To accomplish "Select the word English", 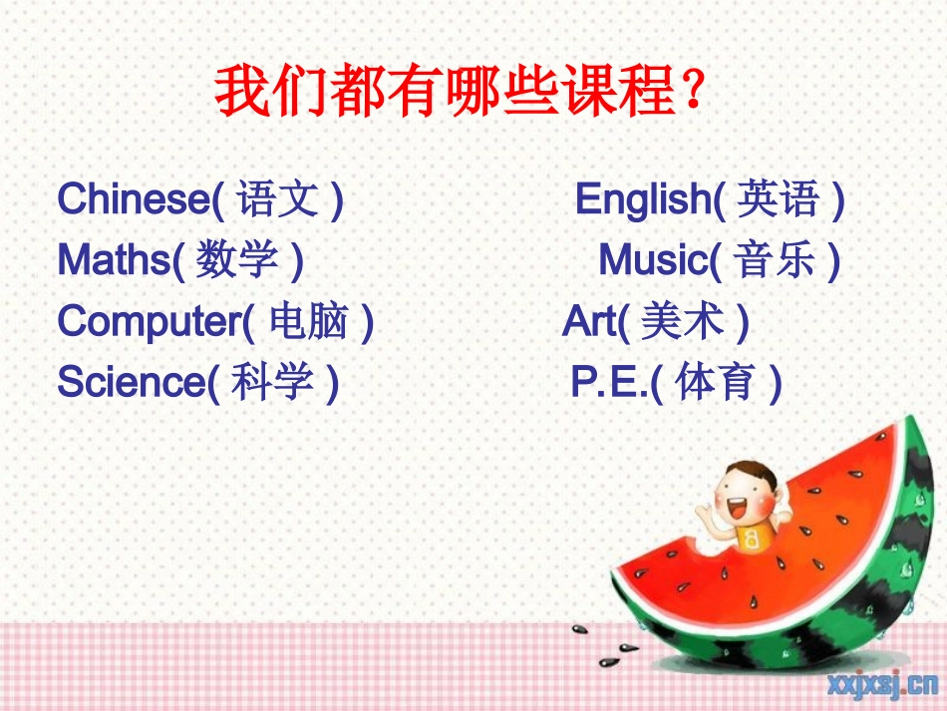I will [x=641, y=200].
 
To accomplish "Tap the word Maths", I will [x=114, y=260].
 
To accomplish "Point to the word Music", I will [x=652, y=260].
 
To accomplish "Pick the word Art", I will [x=589, y=321].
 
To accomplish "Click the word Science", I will [x=130, y=382].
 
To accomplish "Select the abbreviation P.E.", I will [x=608, y=382].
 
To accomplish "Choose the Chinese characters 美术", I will [x=682, y=322].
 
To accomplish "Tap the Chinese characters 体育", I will [x=716, y=383].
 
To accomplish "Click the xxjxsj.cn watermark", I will [x=880, y=683].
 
